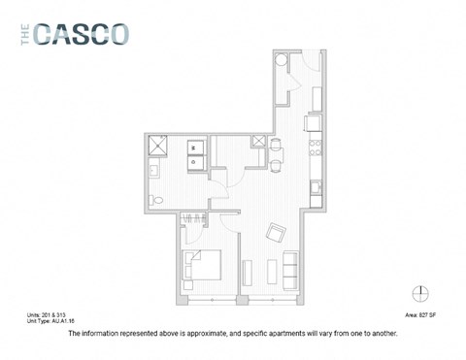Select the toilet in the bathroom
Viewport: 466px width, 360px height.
tap(155, 200)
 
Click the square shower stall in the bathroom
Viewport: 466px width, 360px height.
tap(156, 147)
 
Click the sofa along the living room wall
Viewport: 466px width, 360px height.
tap(290, 269)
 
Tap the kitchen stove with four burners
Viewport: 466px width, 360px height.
tap(314, 150)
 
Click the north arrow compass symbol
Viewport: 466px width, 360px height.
tap(419, 294)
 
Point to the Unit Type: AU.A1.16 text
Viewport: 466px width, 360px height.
tap(52, 322)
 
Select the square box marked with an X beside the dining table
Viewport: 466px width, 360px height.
tap(259, 142)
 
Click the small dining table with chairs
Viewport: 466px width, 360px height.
tap(277, 149)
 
